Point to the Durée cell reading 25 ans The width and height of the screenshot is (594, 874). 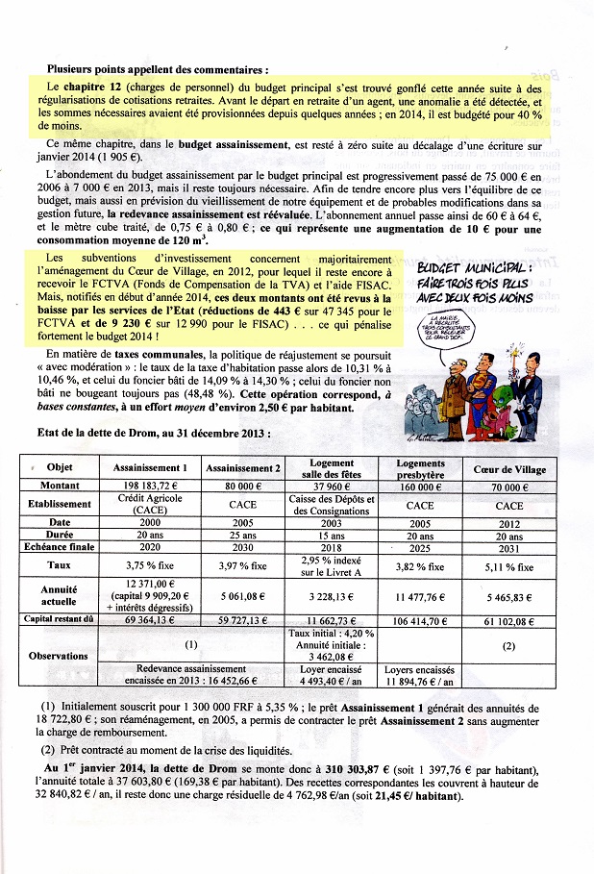pyautogui.click(x=243, y=537)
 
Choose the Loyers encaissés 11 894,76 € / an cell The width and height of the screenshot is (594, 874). pyautogui.click(x=420, y=676)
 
